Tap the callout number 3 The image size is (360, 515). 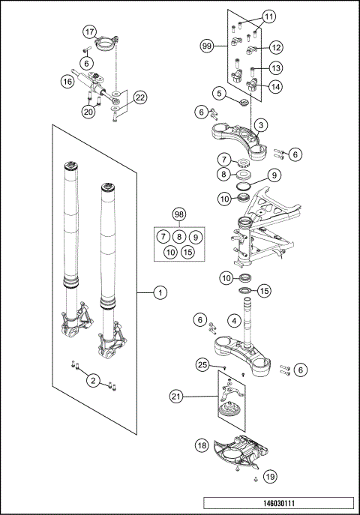[x=259, y=124]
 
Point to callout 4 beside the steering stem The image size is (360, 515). [x=234, y=321]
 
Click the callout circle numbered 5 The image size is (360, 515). [x=218, y=94]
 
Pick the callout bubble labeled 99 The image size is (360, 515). [x=208, y=46]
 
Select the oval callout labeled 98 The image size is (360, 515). [x=178, y=215]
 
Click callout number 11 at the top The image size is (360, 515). [x=268, y=16]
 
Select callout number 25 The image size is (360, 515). [x=202, y=365]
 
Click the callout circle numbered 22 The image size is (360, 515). [x=139, y=97]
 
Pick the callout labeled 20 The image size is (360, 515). [x=88, y=112]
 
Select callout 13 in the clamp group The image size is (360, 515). [x=275, y=67]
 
